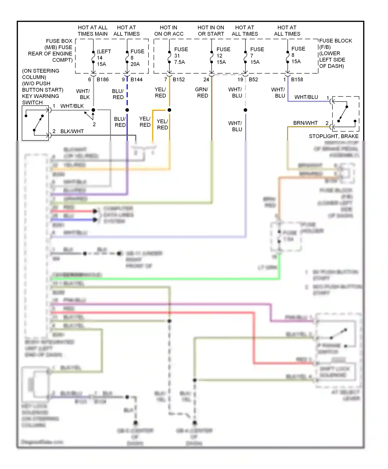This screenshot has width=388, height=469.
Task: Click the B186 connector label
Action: (102, 80)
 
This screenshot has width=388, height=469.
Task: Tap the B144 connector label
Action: (136, 80)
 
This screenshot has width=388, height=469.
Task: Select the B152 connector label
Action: (179, 80)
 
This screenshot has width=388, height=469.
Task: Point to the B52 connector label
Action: (253, 80)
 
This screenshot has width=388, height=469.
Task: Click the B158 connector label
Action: (297, 80)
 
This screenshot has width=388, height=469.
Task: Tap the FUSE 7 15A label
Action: (257, 56)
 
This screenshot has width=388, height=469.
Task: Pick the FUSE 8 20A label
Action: (137, 58)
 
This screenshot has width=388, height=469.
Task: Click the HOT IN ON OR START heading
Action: (211, 31)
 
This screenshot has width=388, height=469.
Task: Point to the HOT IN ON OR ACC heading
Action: (169, 31)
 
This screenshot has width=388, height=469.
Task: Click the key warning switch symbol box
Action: (35, 123)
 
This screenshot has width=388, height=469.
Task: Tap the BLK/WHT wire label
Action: (72, 131)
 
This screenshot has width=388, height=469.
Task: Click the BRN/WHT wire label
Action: (305, 123)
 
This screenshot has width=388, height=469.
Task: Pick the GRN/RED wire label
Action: (202, 93)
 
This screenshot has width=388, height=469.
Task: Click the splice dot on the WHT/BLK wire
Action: (93, 110)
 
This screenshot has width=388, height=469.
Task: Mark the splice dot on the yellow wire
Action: (169, 110)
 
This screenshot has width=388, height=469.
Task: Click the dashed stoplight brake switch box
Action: (346, 114)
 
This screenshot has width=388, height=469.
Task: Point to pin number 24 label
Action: (206, 80)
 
